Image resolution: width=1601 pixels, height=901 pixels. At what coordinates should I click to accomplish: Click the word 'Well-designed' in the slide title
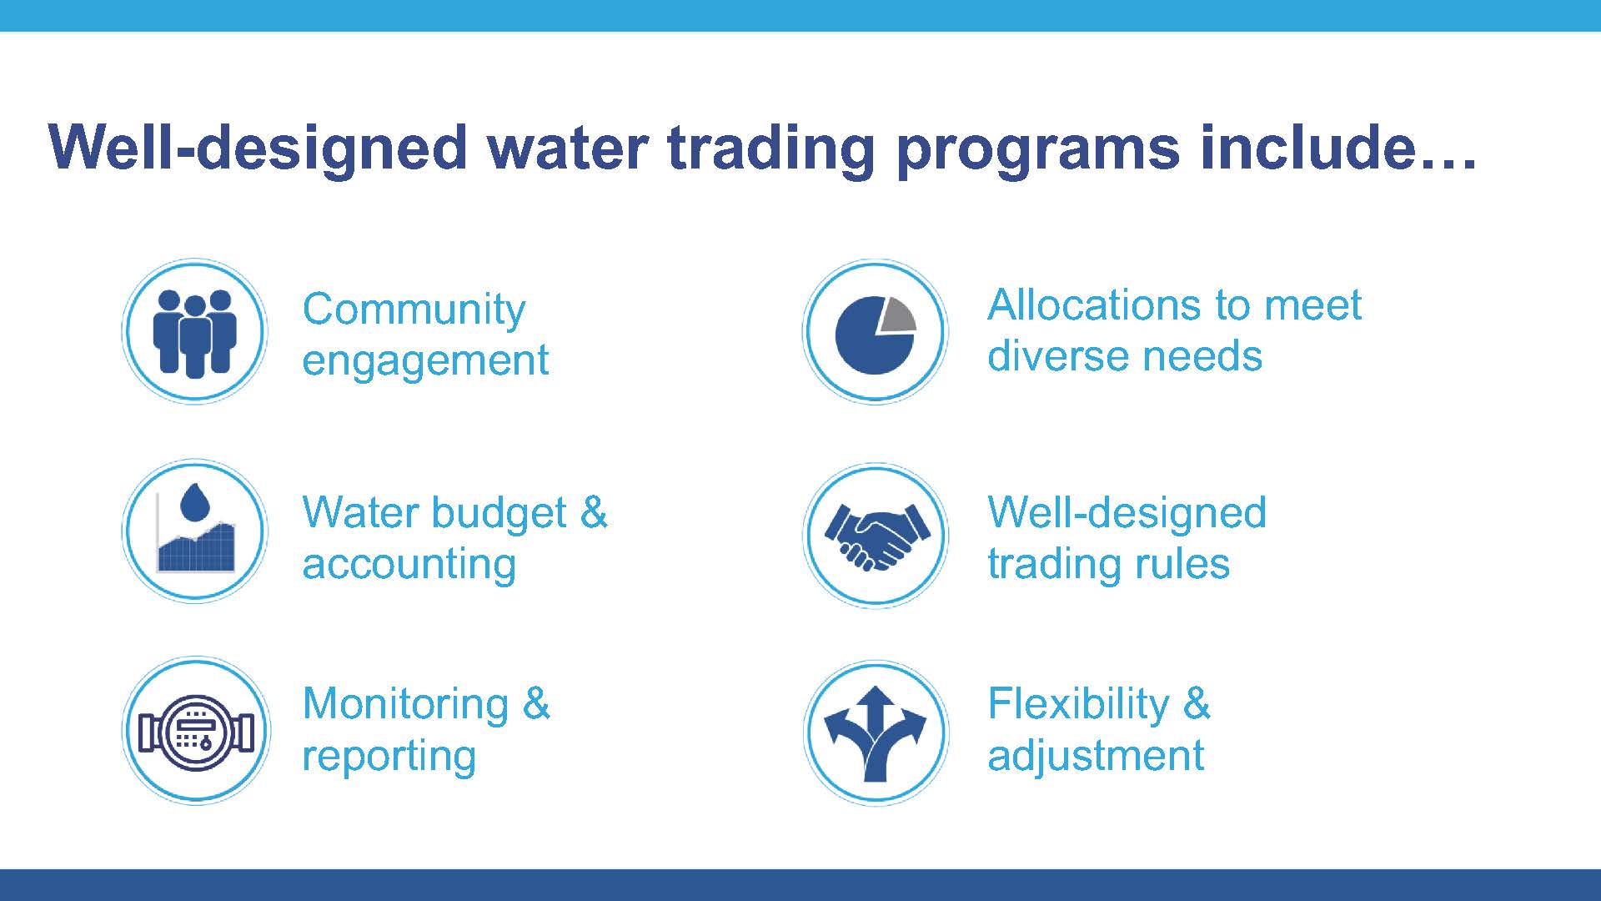tap(258, 148)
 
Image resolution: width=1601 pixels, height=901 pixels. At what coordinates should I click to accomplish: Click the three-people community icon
tap(195, 333)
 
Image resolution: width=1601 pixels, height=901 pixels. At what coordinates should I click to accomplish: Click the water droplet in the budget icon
tap(195, 502)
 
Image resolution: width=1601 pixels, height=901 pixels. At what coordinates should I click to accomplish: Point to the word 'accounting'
tap(409, 566)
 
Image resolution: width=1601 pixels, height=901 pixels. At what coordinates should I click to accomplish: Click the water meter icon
tap(196, 732)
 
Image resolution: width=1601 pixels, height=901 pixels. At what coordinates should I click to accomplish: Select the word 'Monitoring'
tap(405, 706)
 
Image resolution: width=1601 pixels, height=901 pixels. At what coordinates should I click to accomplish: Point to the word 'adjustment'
tap(1096, 756)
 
